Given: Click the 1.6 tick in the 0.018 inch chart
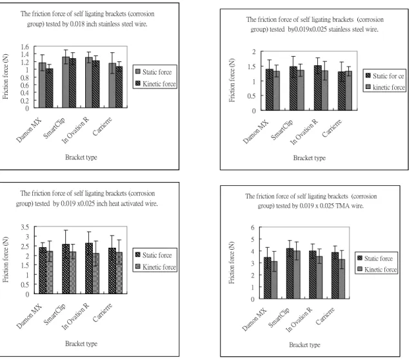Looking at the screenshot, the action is pos(25,47).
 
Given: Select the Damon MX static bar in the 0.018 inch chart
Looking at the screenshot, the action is pos(43,85).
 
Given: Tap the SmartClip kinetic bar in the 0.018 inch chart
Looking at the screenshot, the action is pos(73,83).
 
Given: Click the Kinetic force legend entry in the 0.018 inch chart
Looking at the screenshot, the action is pos(155,84).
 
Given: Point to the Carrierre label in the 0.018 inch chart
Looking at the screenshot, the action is pos(102,126).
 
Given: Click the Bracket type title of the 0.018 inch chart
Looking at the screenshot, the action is pos(81,157).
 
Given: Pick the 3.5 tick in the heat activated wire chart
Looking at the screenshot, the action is pos(25,227).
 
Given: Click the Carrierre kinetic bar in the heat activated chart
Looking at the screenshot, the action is pos(119,273).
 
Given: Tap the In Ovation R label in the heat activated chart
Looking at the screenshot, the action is pos(75,317).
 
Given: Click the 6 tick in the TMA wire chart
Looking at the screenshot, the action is pos(253,227).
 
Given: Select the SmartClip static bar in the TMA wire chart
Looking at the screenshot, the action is pos(290,274).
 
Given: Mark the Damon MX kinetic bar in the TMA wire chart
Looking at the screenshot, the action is pos(274,280).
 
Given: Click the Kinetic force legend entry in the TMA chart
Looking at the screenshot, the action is pos(377,270).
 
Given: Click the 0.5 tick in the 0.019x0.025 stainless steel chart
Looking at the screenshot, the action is pos(252,96).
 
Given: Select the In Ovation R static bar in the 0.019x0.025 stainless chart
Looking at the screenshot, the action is pos(317,88).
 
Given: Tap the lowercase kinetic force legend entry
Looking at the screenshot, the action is pos(386,87).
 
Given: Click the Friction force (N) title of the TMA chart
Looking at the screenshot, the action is pos(232,263).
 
